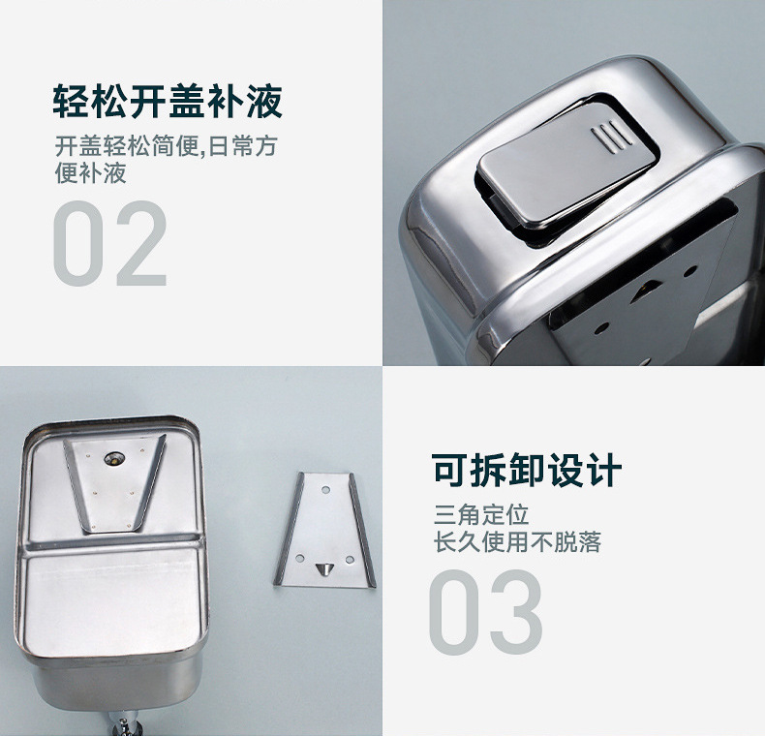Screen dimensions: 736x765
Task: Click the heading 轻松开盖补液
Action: (x=167, y=101)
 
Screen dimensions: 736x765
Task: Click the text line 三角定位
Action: (x=481, y=514)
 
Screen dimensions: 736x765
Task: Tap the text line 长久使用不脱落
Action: (x=517, y=542)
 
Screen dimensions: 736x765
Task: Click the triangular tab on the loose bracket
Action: (x=323, y=564)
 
